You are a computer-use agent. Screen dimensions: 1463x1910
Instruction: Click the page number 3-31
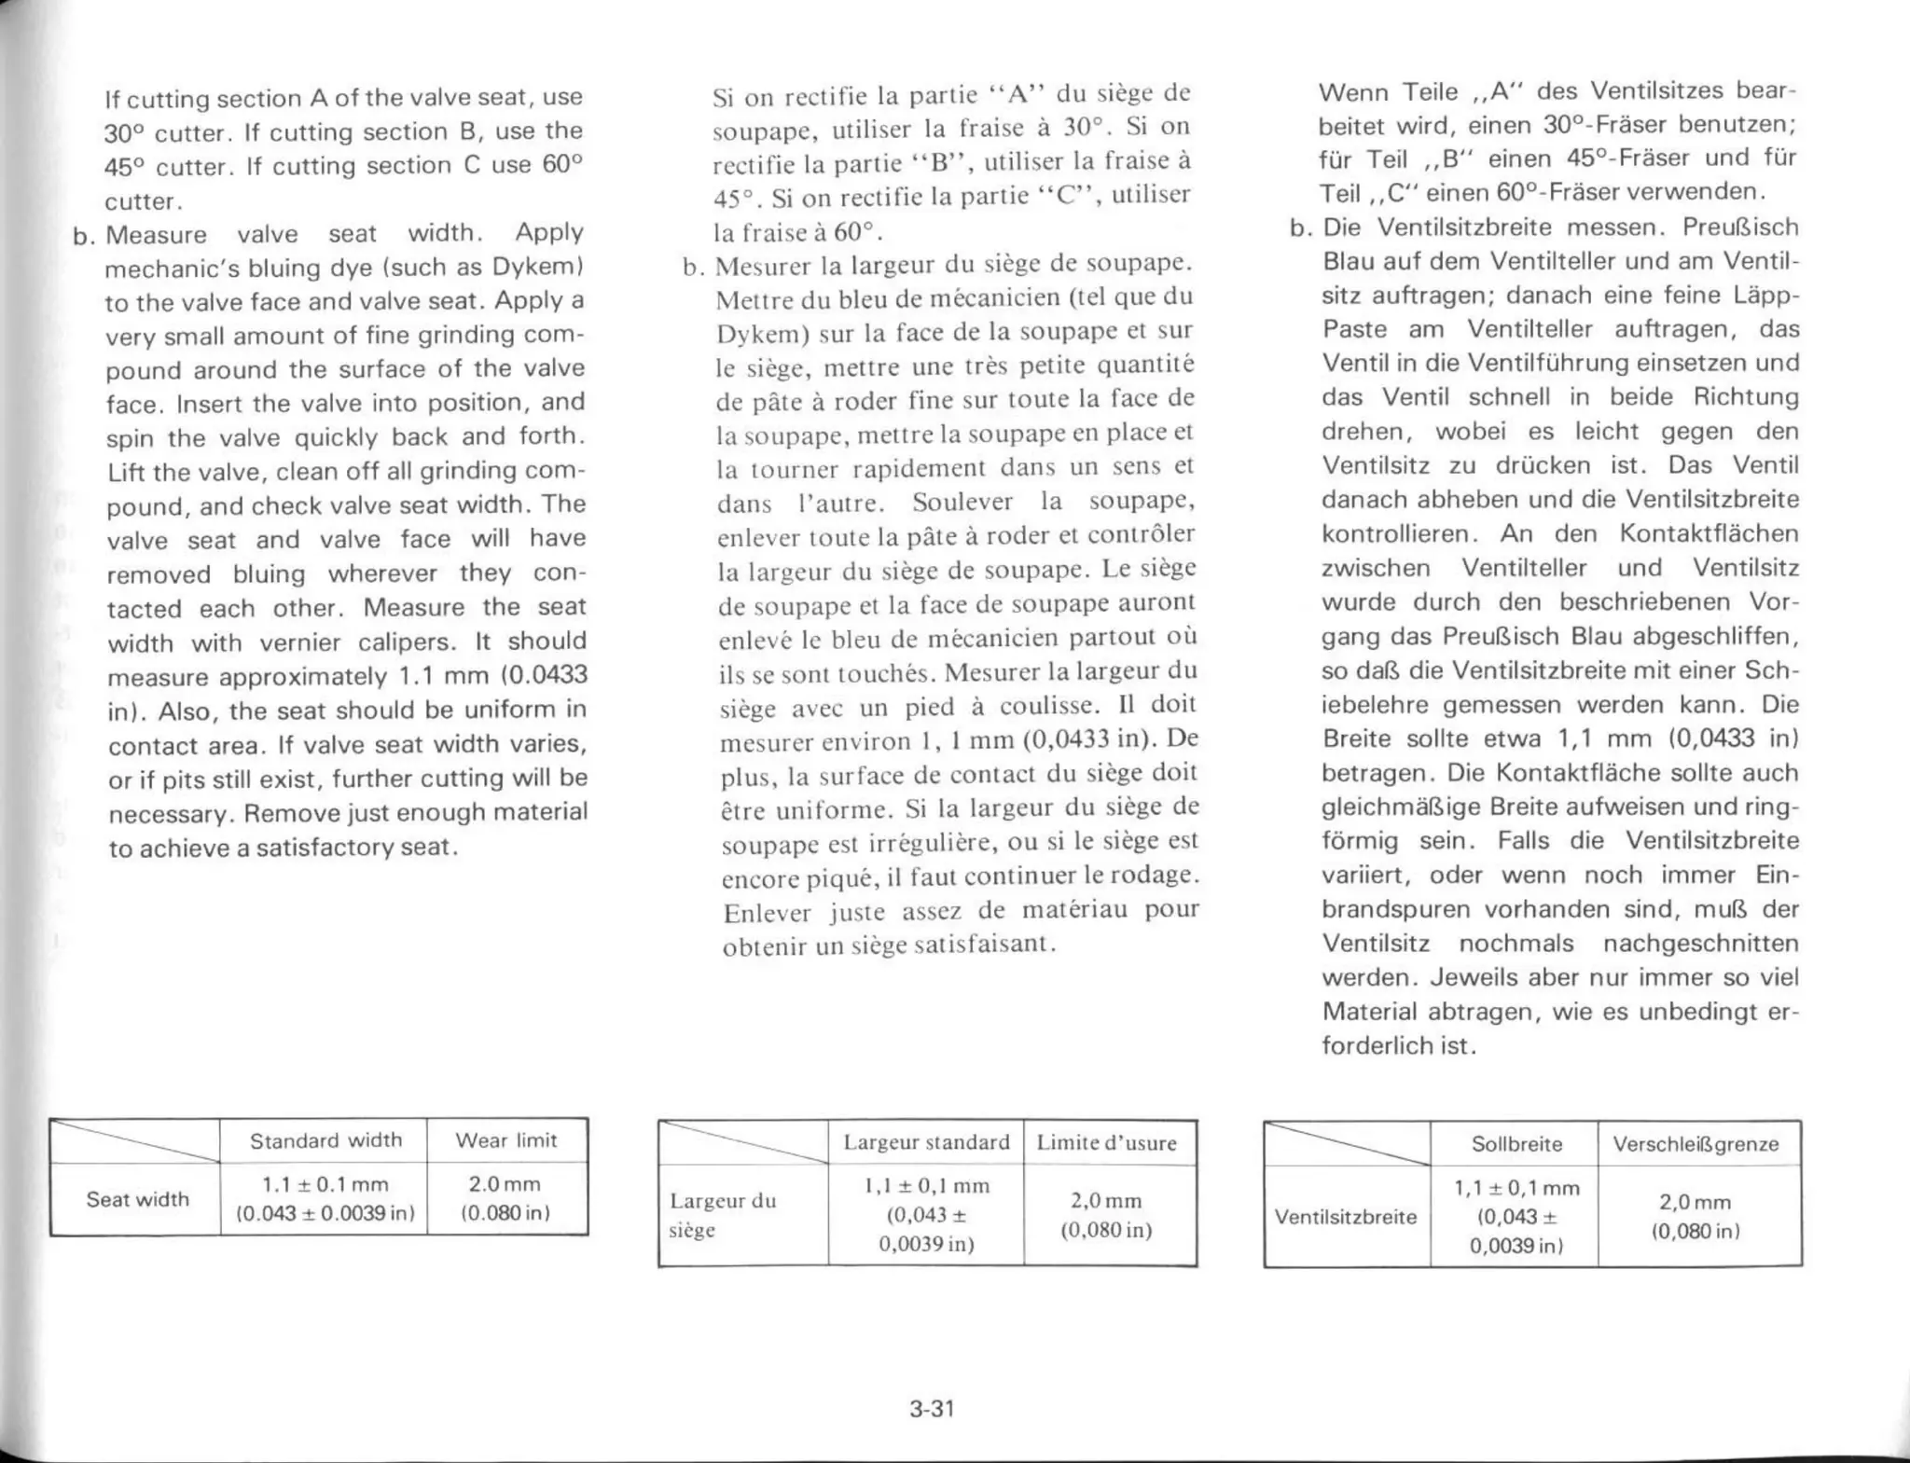pos(932,1409)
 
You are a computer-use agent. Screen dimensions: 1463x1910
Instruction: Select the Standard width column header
pos(325,1140)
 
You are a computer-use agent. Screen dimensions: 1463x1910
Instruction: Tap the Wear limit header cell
pos(505,1140)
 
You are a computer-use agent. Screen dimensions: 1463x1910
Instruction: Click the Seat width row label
pos(137,1199)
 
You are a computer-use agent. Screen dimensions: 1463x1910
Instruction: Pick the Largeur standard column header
pos(926,1142)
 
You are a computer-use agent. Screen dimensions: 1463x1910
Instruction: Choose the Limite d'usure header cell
pos(1106,1143)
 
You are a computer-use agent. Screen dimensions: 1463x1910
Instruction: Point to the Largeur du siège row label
pos(723,1215)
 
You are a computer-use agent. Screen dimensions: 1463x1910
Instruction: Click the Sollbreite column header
pos(1516,1144)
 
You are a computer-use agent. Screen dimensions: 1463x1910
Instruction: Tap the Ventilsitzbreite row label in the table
pos(1345,1217)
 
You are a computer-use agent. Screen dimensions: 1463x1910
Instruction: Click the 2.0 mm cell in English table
pos(505,1198)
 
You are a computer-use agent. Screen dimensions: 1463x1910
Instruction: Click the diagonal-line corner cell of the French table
pos(743,1143)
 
